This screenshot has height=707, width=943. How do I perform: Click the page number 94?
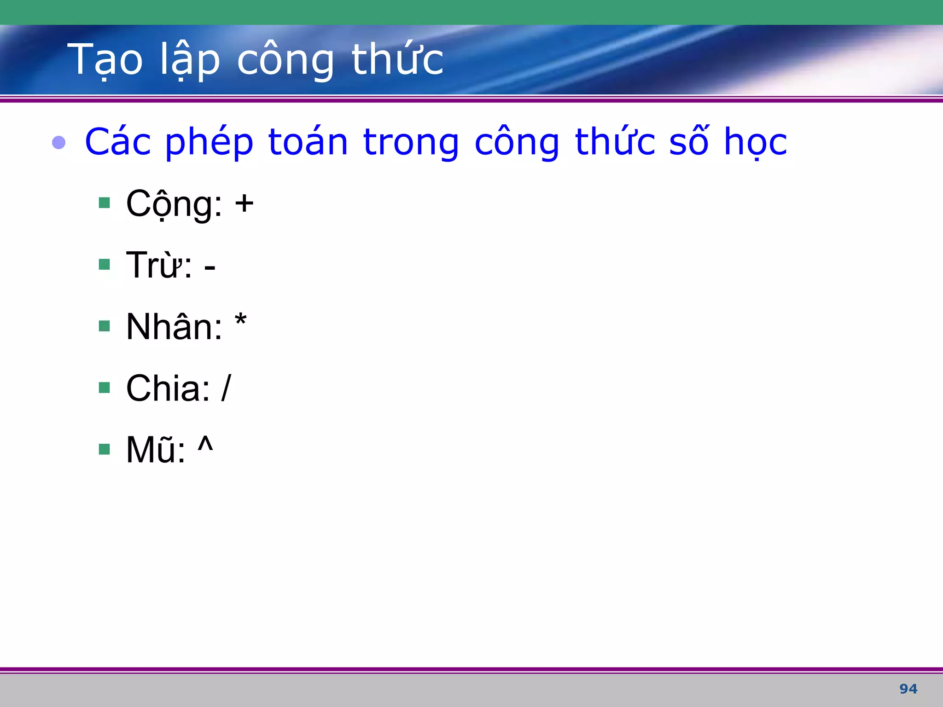pos(908,689)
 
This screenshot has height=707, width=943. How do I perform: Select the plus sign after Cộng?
pos(244,203)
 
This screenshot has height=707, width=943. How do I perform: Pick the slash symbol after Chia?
pos(226,388)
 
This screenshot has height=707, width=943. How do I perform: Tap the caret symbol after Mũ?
pos(205,444)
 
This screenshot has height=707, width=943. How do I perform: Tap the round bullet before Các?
pos(59,142)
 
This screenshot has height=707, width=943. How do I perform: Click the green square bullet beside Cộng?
pos(105,203)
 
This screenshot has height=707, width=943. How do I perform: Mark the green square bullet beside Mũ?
pos(105,449)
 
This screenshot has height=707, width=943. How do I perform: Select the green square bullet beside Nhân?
pos(105,326)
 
